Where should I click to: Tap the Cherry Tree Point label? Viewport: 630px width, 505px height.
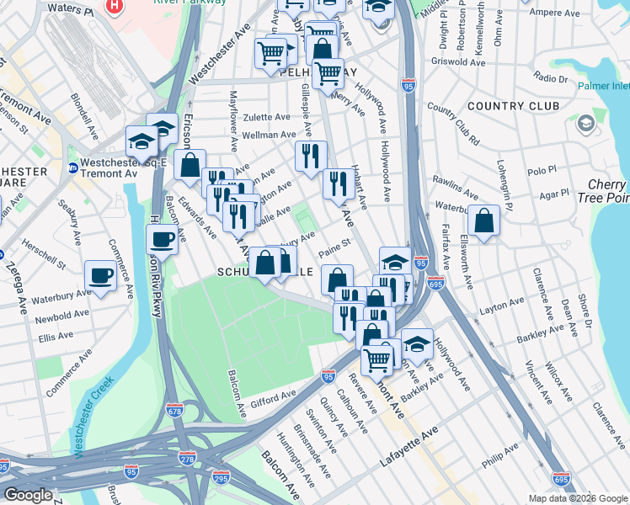(x=606, y=190)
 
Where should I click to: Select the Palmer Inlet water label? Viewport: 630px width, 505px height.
(x=604, y=85)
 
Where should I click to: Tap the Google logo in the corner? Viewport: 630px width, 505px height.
(x=28, y=496)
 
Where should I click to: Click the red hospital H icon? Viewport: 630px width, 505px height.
(x=115, y=6)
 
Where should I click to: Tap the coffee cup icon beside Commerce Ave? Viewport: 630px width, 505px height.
(x=100, y=275)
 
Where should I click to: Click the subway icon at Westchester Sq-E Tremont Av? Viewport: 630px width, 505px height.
(x=72, y=167)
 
